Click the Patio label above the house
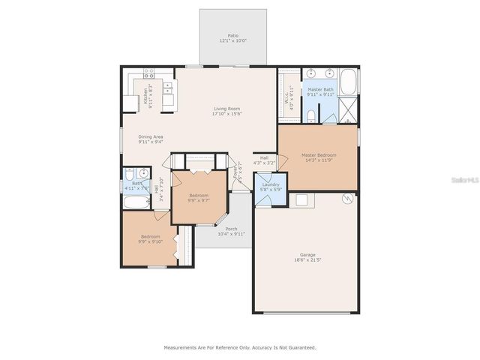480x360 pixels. pyautogui.click(x=233, y=35)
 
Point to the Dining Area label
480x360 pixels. pyautogui.click(x=151, y=136)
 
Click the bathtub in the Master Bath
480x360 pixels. pyautogui.click(x=348, y=82)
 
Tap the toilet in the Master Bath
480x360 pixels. pyautogui.click(x=310, y=115)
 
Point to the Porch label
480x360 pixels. pyautogui.click(x=231, y=229)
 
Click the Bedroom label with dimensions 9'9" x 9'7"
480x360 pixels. pyautogui.click(x=198, y=196)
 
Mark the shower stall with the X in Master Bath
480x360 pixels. pyautogui.click(x=348, y=113)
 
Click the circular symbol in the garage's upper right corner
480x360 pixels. pyautogui.click(x=347, y=199)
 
